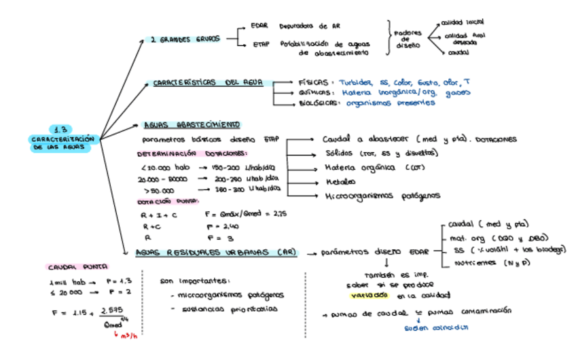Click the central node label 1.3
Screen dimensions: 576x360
coord(62,129)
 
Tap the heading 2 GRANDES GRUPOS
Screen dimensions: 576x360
coord(185,39)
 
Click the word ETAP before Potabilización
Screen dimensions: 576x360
coord(259,46)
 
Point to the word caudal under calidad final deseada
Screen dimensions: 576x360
coord(458,52)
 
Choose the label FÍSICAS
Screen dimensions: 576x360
coord(313,82)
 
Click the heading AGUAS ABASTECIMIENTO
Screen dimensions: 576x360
coord(191,125)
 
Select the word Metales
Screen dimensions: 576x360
coord(340,182)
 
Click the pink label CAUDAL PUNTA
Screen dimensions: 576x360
coord(78,267)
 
